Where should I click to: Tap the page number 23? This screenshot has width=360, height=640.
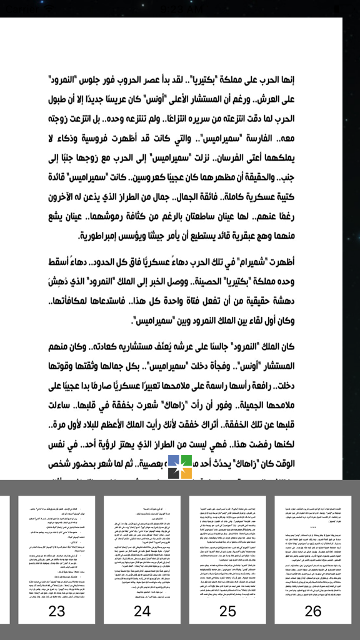[57, 611]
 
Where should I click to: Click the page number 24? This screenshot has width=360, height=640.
[142, 611]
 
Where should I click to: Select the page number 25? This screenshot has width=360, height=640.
[227, 611]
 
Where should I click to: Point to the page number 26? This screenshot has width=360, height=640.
[313, 611]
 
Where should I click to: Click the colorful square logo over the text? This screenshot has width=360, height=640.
[180, 467]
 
